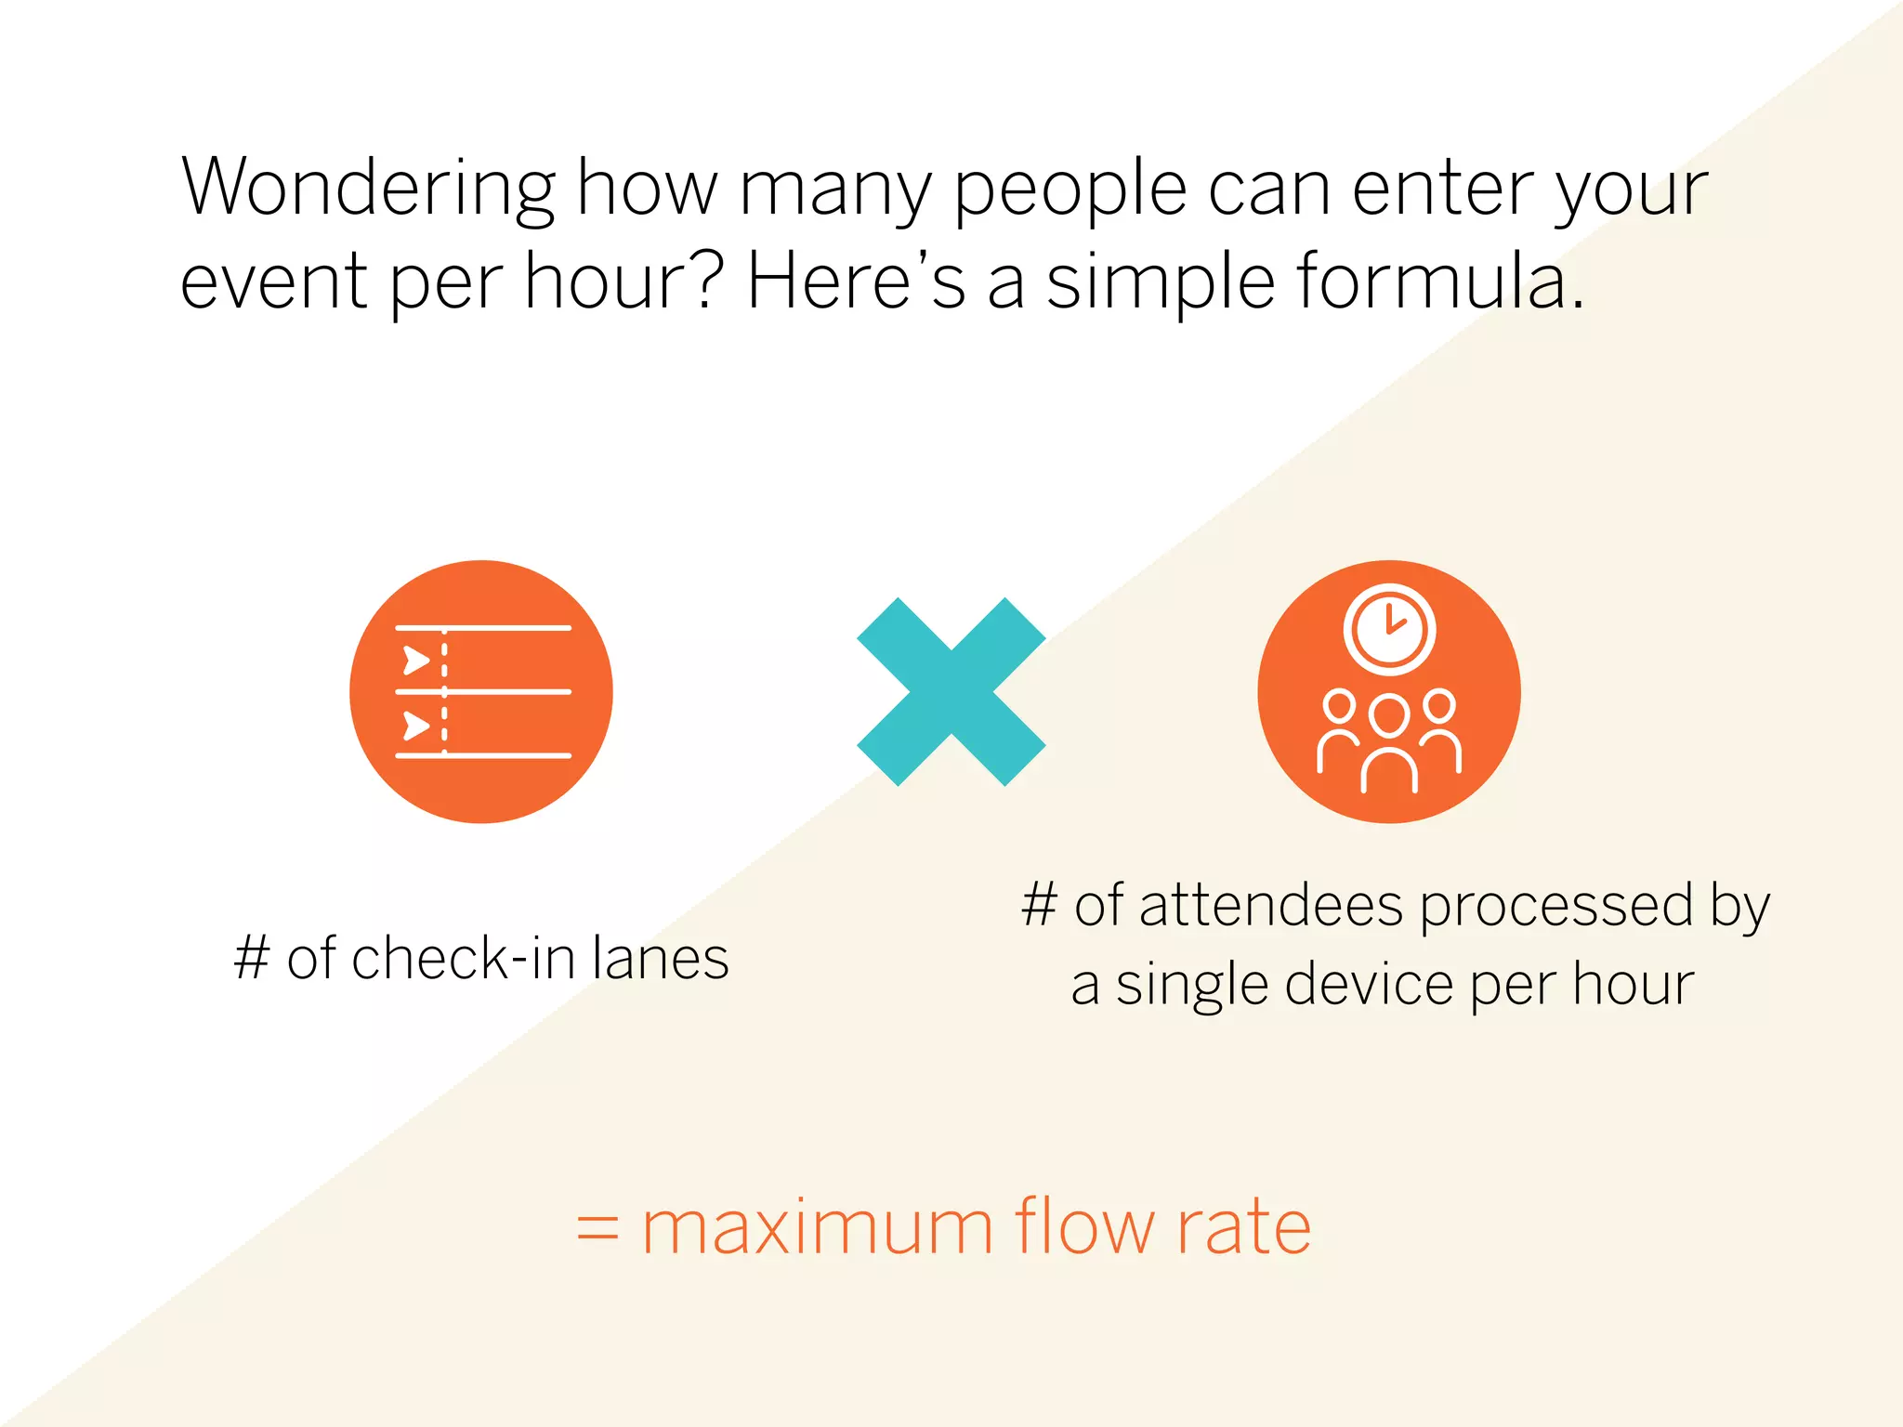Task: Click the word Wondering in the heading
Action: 368,189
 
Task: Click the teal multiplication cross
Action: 951,691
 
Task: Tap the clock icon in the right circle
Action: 1389,629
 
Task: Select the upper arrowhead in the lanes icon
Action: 415,661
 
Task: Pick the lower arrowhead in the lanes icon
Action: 415,725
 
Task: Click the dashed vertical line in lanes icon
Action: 444,691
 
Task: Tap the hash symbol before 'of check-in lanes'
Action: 252,958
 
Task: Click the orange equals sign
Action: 597,1228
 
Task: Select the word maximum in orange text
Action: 818,1228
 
